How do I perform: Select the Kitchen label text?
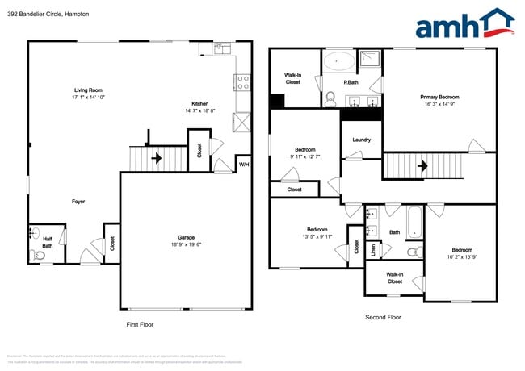[200, 103]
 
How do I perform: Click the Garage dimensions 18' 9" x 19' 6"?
[187, 244]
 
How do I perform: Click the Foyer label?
[78, 202]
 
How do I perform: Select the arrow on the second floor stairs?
[421, 167]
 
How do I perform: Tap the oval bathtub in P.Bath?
[338, 61]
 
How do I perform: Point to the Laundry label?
[361, 140]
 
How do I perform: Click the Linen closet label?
[373, 251]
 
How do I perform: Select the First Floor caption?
[139, 324]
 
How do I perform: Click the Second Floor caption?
[383, 317]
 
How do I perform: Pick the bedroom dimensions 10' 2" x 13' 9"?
[462, 257]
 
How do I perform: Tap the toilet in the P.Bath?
[330, 99]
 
